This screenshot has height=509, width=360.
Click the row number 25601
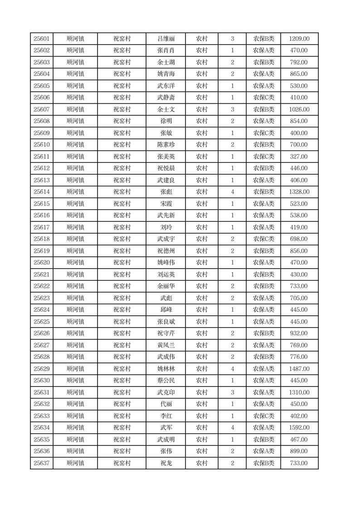coord(42,39)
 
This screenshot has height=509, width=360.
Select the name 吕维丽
coord(166,39)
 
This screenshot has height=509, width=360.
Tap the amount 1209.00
coord(299,39)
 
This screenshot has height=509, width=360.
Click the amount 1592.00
coord(299,428)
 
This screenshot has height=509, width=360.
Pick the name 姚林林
coord(166,369)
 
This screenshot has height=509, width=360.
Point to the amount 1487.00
coord(299,369)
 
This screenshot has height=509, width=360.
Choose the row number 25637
coord(42,463)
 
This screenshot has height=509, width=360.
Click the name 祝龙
coord(166,463)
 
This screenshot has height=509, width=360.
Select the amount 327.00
coord(299,157)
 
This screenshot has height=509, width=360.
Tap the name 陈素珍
coord(166,145)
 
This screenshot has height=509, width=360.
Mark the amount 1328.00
coord(299,192)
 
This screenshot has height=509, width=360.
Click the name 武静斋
coord(166,98)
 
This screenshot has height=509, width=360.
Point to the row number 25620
coord(42,263)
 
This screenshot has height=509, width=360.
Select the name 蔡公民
coord(166,381)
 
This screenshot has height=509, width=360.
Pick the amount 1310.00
coord(299,392)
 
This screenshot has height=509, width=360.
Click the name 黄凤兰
coord(166,345)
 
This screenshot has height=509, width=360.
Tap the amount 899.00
coord(299,451)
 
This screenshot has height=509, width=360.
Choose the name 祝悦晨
coord(166,168)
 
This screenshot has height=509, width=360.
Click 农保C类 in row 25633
coord(263,416)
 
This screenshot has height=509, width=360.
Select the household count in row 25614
coord(233,192)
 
